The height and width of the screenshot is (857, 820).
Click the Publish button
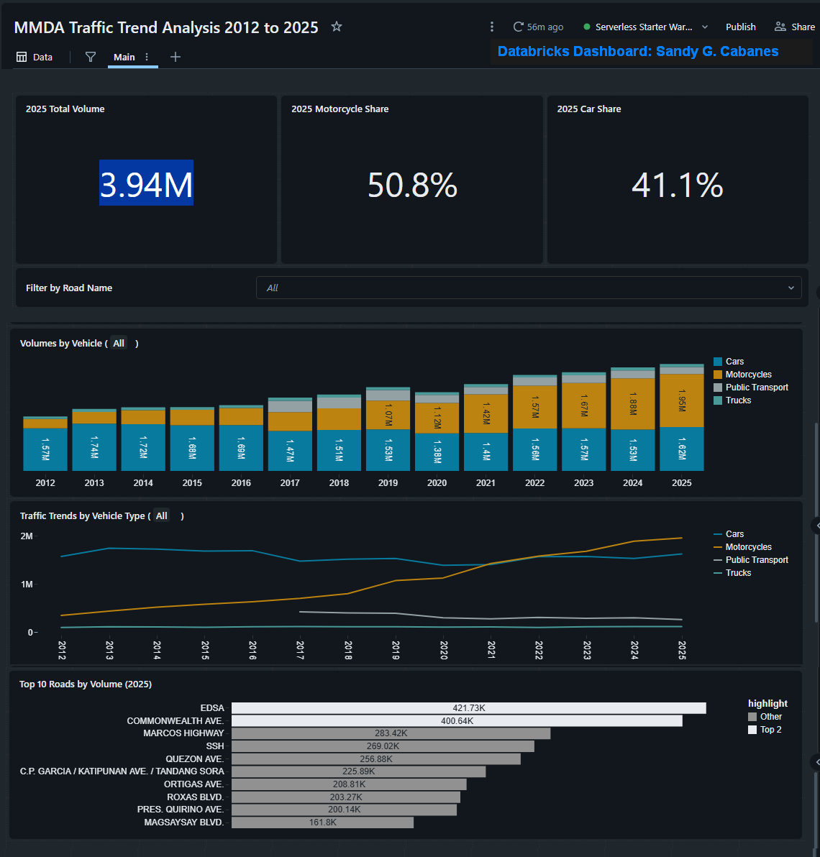tap(740, 27)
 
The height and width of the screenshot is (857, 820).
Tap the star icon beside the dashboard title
tap(336, 26)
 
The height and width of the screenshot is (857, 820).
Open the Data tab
tap(35, 57)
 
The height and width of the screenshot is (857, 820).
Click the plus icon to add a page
tap(175, 57)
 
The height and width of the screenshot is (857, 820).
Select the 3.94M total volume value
tap(146, 183)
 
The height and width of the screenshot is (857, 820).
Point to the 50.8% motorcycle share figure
tap(412, 185)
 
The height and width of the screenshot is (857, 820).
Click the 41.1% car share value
tap(678, 185)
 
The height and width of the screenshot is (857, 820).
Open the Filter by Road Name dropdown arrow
tap(791, 288)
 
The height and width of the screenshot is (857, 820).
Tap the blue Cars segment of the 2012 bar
tap(45, 449)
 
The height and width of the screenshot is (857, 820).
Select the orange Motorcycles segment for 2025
tap(682, 400)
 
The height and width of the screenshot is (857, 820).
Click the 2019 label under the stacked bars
tap(388, 482)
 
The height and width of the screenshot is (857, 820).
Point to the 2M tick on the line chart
tap(26, 536)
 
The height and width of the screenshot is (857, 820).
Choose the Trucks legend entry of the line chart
tap(732, 573)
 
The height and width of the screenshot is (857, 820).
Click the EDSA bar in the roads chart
tap(468, 707)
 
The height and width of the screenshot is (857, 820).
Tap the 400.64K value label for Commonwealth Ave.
tap(457, 721)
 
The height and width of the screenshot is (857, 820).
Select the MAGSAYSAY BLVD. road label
tap(183, 822)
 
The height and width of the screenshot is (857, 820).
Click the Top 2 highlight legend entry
tap(765, 730)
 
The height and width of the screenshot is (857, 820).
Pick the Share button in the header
tap(795, 27)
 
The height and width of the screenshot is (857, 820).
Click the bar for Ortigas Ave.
tap(349, 784)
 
